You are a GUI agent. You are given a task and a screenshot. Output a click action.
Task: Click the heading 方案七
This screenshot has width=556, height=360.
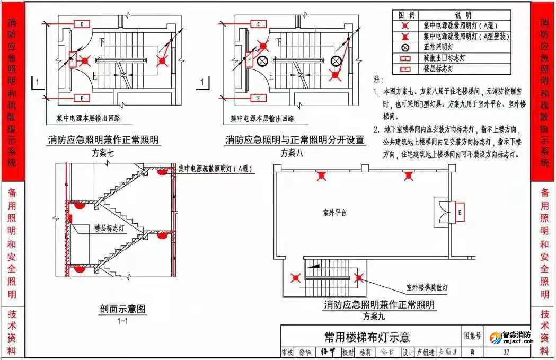(103, 153)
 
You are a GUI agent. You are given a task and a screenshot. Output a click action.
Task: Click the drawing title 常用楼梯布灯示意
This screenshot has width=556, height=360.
(367, 337)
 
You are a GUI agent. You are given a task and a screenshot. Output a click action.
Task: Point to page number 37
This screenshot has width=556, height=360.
(506, 352)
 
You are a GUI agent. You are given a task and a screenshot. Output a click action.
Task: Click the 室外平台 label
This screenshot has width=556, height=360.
(334, 213)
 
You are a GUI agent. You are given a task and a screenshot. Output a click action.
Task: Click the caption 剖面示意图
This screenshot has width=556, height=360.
(122, 309)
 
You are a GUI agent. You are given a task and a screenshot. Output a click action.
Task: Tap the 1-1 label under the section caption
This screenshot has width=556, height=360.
(122, 321)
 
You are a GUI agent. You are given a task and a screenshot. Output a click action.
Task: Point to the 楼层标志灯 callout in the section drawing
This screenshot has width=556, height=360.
(110, 228)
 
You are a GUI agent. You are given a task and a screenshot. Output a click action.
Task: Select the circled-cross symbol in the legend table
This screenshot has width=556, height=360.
(405, 47)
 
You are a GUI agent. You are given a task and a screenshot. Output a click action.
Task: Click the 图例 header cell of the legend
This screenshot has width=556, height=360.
(405, 15)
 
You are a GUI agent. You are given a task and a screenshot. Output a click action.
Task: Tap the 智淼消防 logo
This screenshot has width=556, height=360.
(511, 338)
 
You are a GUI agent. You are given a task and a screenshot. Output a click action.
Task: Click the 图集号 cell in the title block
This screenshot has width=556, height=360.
(473, 336)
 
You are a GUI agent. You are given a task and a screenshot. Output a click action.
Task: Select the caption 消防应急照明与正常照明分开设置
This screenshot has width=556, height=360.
(295, 140)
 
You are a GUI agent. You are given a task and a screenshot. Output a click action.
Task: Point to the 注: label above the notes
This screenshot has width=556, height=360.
(378, 80)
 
